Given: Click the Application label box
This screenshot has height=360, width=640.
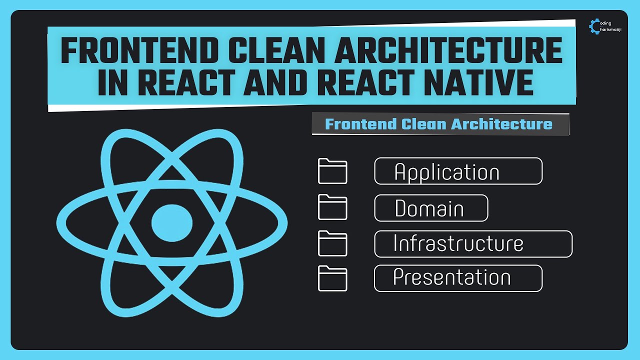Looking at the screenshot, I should click(458, 171).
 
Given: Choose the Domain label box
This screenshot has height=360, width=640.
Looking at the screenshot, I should click(431, 208).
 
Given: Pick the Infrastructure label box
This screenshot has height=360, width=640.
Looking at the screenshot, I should click(473, 244).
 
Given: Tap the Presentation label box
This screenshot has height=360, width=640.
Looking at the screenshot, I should click(458, 278).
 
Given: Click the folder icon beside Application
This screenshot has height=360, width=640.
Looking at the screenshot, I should click(332, 171).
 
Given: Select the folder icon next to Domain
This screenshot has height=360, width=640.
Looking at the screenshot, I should click(332, 207).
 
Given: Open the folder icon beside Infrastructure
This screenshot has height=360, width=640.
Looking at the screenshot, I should click(332, 243).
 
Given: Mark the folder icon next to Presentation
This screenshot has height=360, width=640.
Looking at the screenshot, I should click(332, 278).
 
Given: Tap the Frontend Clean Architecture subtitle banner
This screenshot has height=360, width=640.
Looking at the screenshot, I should click(440, 124).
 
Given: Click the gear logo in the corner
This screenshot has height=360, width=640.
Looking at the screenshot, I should click(595, 26).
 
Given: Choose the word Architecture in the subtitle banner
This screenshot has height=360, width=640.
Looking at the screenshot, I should click(503, 124).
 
